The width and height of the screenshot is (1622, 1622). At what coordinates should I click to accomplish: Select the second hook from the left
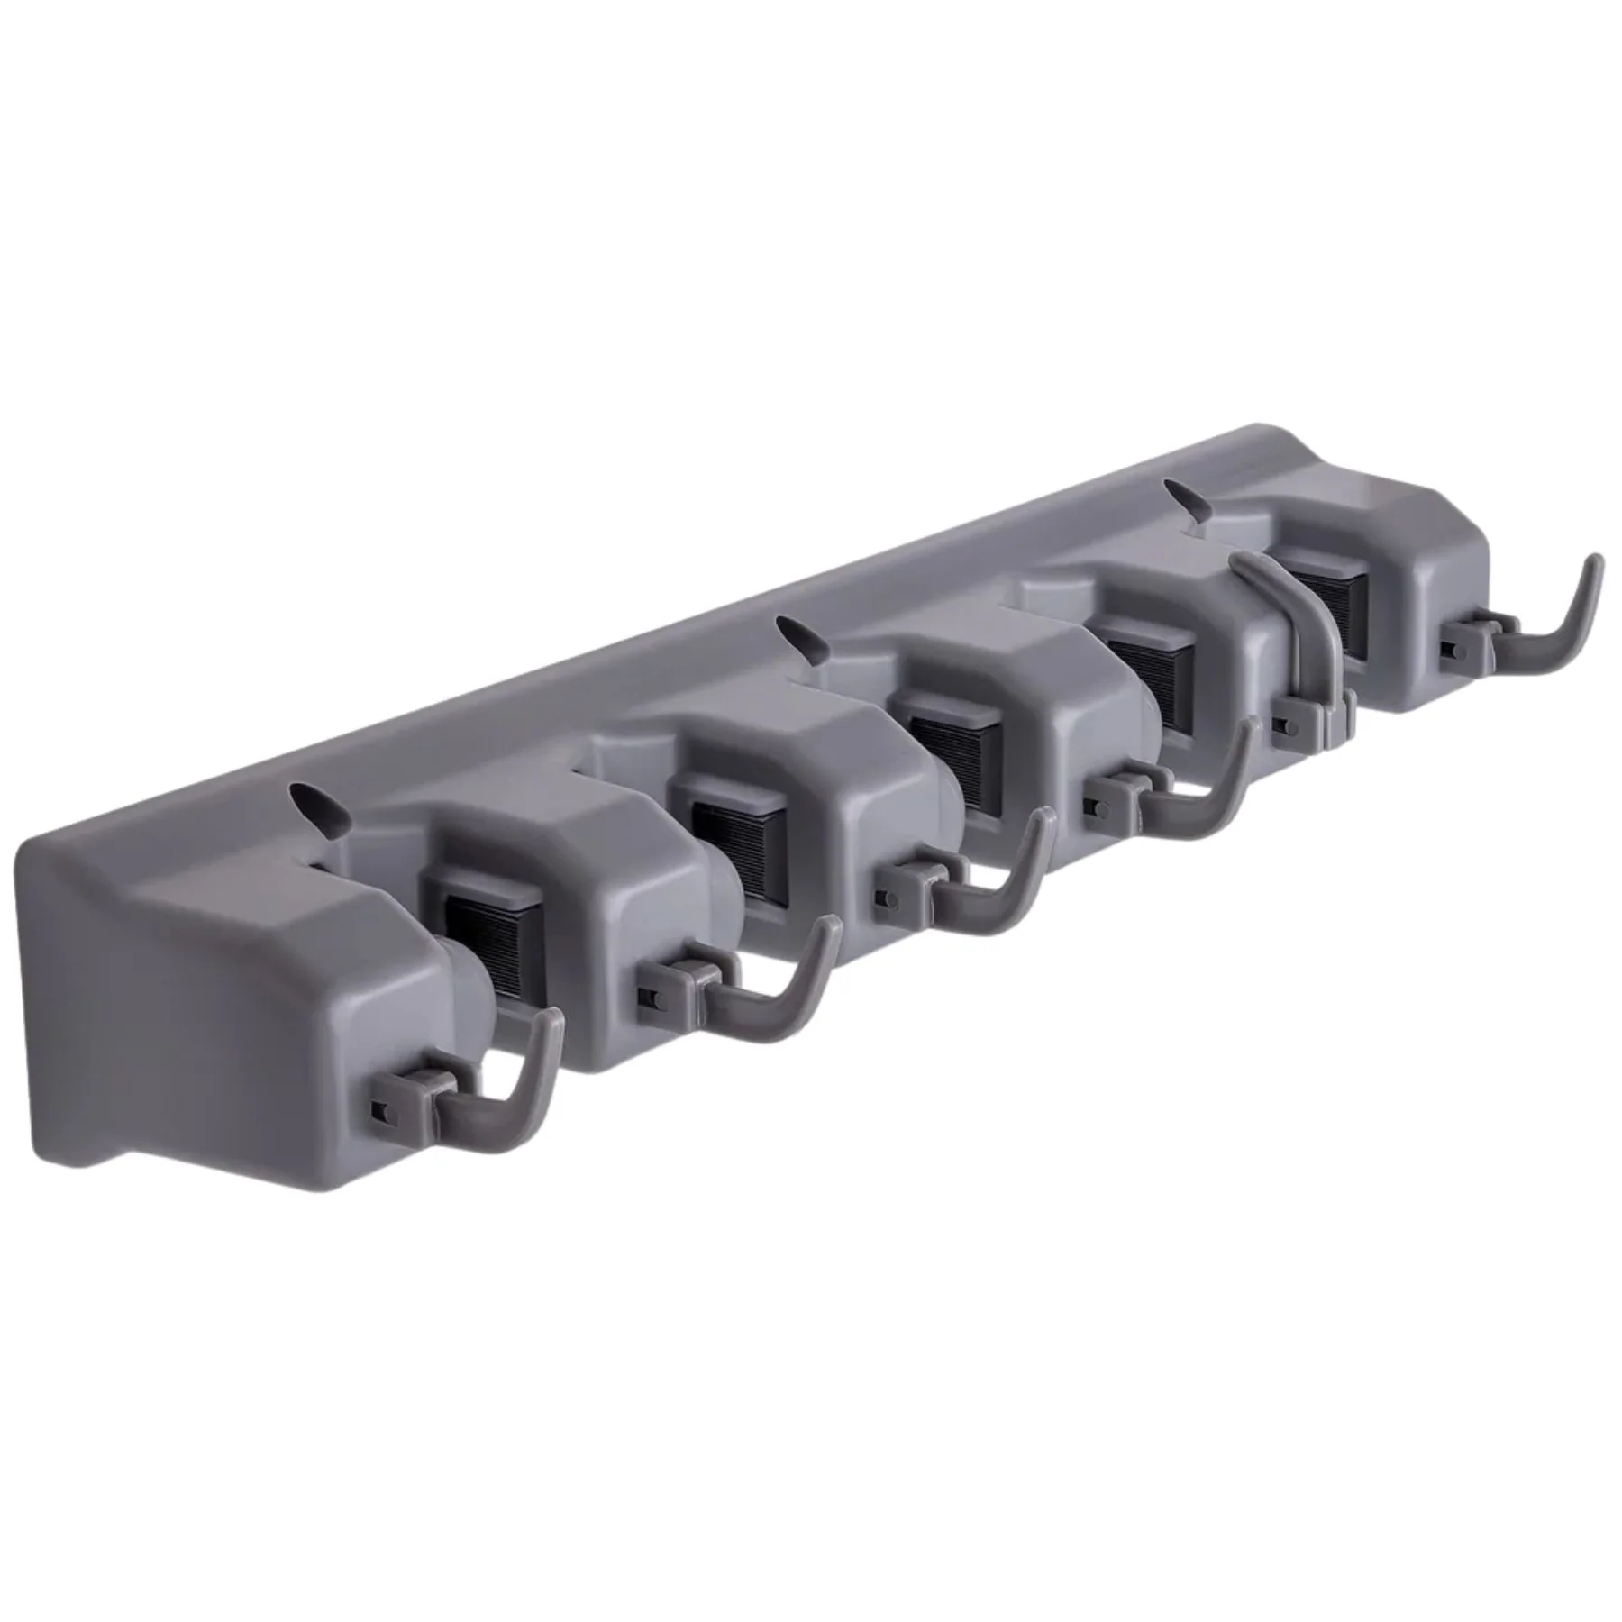766,987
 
